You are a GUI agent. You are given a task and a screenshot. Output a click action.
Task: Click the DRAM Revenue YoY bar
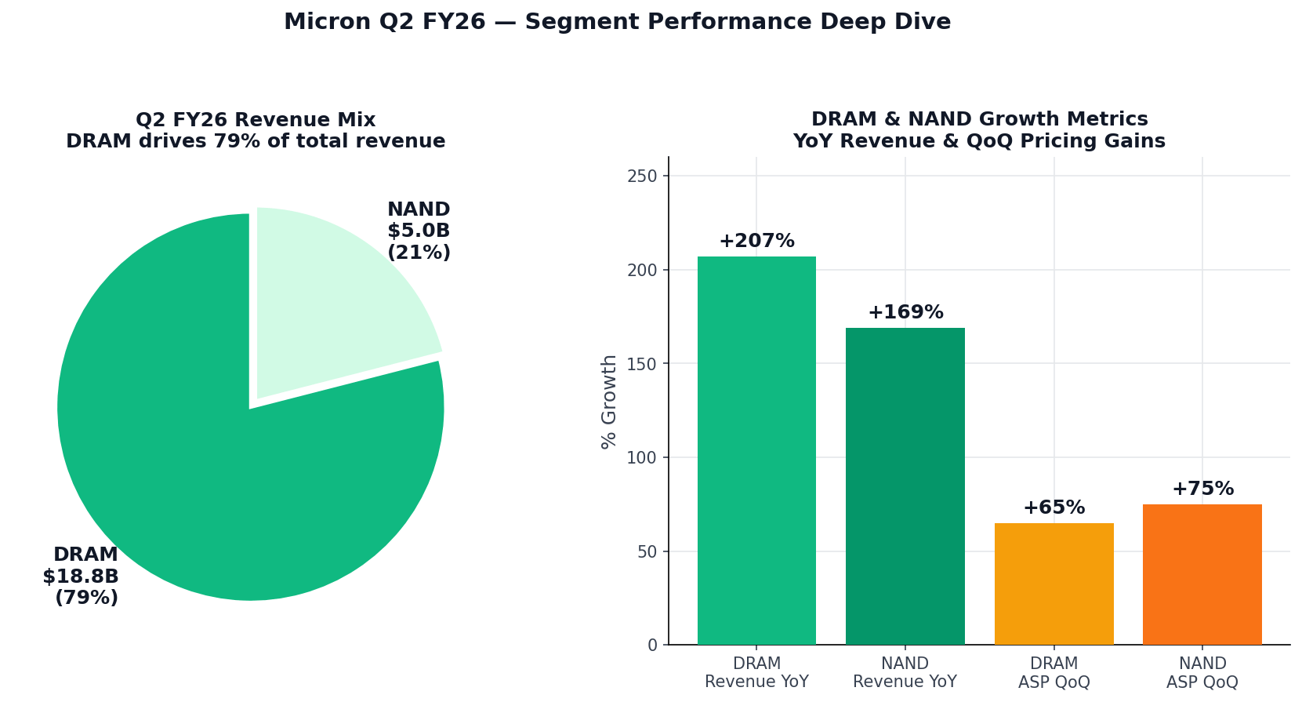point(756,450)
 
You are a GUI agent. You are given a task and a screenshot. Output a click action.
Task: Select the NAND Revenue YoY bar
point(905,486)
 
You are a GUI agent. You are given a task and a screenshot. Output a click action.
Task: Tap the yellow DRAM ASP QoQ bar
point(1054,584)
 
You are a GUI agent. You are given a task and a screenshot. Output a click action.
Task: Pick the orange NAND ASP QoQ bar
point(1202,574)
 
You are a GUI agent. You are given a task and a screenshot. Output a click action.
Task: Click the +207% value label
point(756,242)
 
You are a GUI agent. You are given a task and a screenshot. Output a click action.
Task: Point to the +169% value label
point(905,313)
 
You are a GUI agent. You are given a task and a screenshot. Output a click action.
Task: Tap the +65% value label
point(1054,508)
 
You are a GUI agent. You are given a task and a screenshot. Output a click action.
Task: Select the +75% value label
point(1202,489)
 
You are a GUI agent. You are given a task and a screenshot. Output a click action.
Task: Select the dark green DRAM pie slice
point(235,486)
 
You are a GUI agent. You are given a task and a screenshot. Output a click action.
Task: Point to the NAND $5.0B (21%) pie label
point(419,231)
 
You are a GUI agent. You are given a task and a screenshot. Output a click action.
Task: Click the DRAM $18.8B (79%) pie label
point(82,577)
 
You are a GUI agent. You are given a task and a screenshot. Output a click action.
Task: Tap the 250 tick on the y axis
point(642,176)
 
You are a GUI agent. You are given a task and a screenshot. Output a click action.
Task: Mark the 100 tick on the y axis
point(642,458)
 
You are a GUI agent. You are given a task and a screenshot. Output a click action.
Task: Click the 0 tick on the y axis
point(652,646)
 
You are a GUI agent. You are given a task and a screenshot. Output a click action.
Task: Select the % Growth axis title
point(609,402)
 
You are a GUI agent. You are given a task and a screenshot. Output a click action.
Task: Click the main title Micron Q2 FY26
point(617,22)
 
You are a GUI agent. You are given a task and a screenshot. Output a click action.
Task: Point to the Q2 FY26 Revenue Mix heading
point(256,120)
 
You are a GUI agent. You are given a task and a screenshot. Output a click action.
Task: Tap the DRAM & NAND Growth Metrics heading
point(979,119)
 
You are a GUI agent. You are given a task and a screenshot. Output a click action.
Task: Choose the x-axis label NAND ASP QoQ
point(1202,673)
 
